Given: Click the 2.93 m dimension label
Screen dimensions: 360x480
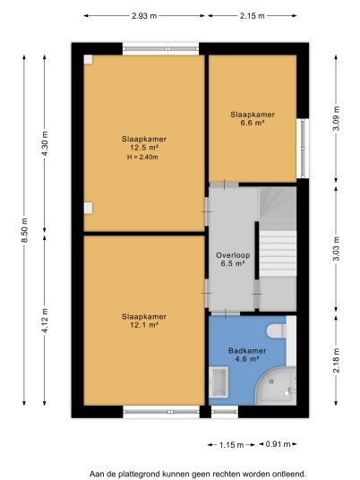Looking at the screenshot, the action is pyautogui.click(x=144, y=16).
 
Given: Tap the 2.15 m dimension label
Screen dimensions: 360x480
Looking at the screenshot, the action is pyautogui.click(x=252, y=16).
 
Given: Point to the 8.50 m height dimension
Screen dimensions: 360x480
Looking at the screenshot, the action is pyautogui.click(x=24, y=230).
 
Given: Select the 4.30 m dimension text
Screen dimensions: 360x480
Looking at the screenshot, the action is pyautogui.click(x=45, y=143).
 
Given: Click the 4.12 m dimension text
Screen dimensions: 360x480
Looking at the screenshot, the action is pyautogui.click(x=45, y=321).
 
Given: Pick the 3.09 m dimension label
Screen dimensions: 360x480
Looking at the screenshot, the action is pyautogui.click(x=336, y=118).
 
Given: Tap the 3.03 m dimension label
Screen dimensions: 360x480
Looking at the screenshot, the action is pyautogui.click(x=336, y=249).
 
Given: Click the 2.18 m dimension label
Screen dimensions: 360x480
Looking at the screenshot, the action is pyautogui.click(x=336, y=360).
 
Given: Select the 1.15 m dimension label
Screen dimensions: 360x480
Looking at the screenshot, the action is pyautogui.click(x=231, y=445).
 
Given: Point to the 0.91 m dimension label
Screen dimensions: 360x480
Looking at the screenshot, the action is pyautogui.click(x=278, y=444).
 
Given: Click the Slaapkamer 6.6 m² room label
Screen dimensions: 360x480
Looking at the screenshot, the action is pyautogui.click(x=253, y=118).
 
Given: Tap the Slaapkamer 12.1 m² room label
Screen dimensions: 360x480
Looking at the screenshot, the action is pyautogui.click(x=144, y=321).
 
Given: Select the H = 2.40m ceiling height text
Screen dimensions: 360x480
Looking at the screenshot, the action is pyautogui.click(x=142, y=158).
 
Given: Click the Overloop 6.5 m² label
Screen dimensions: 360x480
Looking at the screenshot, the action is pyautogui.click(x=233, y=259).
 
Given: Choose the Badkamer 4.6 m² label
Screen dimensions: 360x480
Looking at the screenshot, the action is pyautogui.click(x=247, y=355).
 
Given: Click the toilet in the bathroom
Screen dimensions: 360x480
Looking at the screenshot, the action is pyautogui.click(x=277, y=331).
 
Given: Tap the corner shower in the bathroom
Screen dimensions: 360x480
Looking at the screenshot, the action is pyautogui.click(x=276, y=386).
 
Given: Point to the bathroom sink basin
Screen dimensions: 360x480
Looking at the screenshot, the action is pyautogui.click(x=219, y=382).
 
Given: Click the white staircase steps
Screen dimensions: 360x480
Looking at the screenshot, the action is pyautogui.click(x=278, y=253).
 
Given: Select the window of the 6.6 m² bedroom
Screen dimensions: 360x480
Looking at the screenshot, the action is pyautogui.click(x=303, y=149).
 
